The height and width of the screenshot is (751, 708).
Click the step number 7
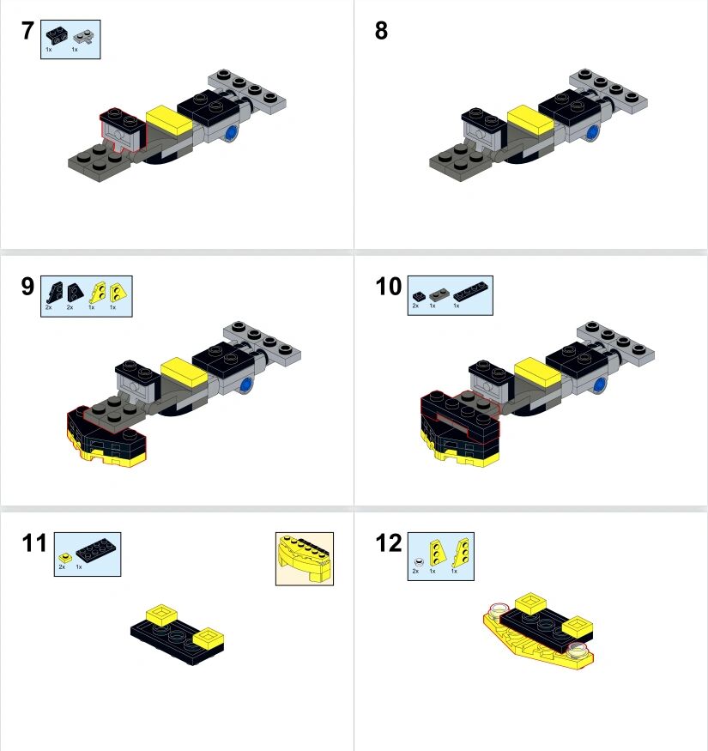(27, 31)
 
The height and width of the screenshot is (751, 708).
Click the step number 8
(381, 31)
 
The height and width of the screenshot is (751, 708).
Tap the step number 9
(27, 287)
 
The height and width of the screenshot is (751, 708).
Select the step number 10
(389, 287)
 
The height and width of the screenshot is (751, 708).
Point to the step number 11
(34, 543)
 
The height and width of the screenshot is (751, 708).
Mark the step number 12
(389, 543)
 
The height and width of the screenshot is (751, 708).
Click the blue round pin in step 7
(232, 132)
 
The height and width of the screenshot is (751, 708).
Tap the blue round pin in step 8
(593, 132)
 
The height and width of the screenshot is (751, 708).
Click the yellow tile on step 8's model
(530, 120)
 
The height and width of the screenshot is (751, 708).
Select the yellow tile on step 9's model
(184, 372)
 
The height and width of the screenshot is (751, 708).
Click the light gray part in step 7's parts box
(84, 37)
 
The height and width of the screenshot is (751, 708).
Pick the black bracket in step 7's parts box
(57, 36)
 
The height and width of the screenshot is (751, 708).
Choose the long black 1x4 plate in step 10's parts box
(471, 291)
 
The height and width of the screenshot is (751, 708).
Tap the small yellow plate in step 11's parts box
(64, 558)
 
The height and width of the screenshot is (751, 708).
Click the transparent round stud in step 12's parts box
(419, 561)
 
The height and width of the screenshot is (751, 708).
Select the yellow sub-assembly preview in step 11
(305, 559)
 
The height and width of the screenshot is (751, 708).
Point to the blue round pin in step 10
(600, 385)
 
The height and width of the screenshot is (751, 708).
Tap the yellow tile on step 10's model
(537, 372)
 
